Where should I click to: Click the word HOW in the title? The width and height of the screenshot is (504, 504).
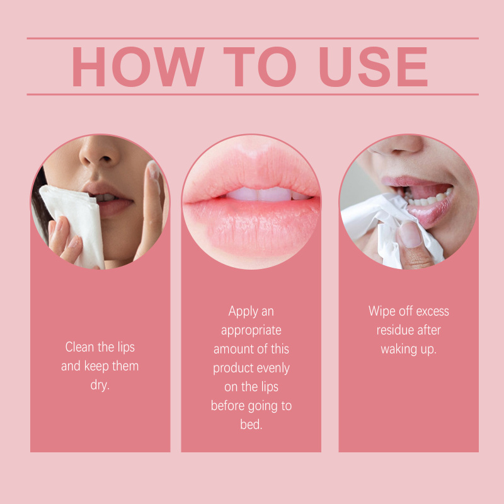pyautogui.click(x=138, y=67)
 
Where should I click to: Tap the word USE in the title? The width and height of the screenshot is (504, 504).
pyautogui.click(x=373, y=67)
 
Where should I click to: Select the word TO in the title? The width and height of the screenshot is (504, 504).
pyautogui.click(x=260, y=67)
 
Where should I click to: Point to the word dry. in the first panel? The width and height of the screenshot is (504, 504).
pyautogui.click(x=100, y=386)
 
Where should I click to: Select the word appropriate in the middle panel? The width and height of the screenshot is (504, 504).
pyautogui.click(x=251, y=331)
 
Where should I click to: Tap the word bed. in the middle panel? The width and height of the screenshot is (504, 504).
pyautogui.click(x=251, y=425)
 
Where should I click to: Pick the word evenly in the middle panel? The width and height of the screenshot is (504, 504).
pyautogui.click(x=273, y=369)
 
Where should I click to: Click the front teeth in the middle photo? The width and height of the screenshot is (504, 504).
pyautogui.click(x=259, y=194)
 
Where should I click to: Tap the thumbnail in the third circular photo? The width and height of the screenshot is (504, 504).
pyautogui.click(x=409, y=234)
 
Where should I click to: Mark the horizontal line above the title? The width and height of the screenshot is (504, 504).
pyautogui.click(x=253, y=38)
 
